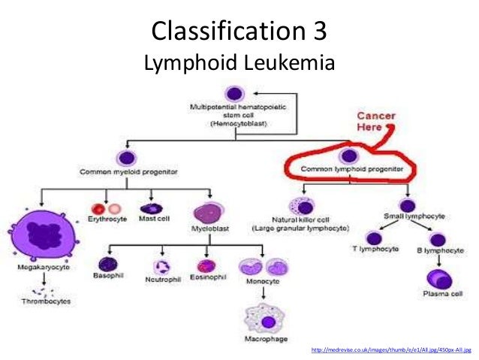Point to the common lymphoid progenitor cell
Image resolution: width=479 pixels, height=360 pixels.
[348, 156]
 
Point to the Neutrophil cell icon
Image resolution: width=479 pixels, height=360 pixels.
[161, 268]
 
